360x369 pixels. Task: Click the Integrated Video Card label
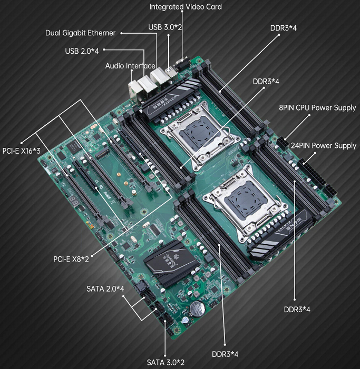click(186, 7)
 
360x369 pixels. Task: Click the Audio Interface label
click(130, 66)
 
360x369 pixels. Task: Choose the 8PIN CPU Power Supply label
click(317, 108)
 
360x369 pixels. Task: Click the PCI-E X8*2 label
click(71, 259)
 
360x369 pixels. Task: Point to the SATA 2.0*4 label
click(105, 289)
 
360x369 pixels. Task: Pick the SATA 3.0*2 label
click(165, 362)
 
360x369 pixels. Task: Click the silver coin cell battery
click(197, 308)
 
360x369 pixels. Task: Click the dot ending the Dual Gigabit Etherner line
click(122, 33)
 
